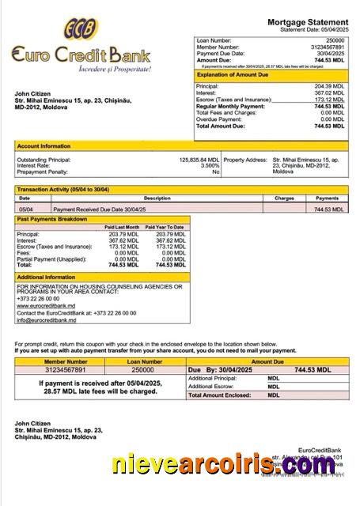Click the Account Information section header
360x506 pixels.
pyautogui.click(x=44, y=146)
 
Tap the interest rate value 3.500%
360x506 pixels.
pyautogui.click(x=209, y=165)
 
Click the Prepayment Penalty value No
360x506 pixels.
pyautogui.click(x=215, y=172)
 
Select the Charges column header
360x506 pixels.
pyautogui.click(x=284, y=198)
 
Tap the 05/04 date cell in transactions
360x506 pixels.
pyautogui.click(x=25, y=210)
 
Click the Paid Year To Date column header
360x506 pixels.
pyautogui.click(x=169, y=227)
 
